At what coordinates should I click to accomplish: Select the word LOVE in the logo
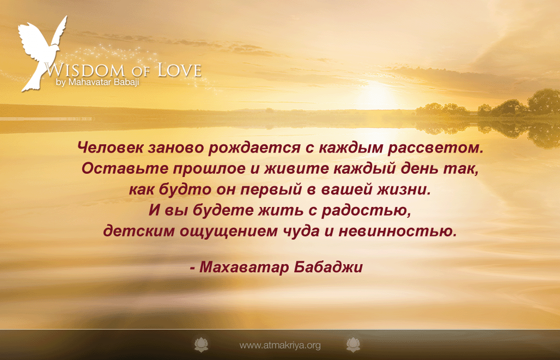[180, 70]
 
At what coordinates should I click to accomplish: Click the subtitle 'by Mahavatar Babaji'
[97, 82]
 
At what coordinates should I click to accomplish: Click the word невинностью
[398, 231]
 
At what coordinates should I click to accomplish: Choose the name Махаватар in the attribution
[244, 267]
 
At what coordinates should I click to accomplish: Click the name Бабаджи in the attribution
[328, 267]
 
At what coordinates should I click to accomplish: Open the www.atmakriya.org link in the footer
[280, 345]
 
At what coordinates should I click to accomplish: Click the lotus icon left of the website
[201, 344]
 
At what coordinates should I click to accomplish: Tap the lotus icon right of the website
[353, 344]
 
